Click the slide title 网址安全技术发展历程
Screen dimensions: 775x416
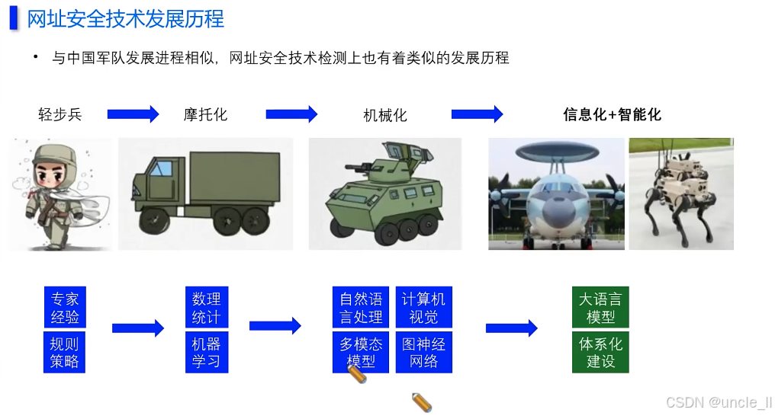pos(125,18)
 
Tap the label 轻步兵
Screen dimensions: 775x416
pos(59,115)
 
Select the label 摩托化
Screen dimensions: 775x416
pos(205,115)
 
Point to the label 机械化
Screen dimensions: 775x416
pos(385,116)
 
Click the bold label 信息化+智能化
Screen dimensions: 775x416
pos(612,115)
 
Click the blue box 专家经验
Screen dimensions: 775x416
pos(65,308)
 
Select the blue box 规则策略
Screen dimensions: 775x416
pos(65,352)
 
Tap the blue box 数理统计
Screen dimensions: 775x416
pos(206,308)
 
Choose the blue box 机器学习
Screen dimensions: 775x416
pos(206,352)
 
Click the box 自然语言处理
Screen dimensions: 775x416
pos(361,308)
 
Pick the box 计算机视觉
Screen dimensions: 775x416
pos(423,308)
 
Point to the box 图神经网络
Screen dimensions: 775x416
pos(423,352)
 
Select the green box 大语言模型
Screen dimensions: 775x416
pos(600,308)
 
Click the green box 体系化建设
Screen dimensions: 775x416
pos(600,352)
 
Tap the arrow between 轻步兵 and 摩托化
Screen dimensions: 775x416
pos(133,114)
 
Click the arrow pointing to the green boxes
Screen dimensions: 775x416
pos(511,328)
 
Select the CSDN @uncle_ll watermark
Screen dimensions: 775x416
pos(718,402)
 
